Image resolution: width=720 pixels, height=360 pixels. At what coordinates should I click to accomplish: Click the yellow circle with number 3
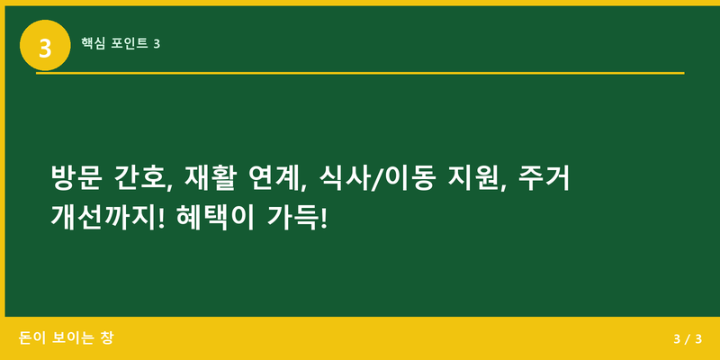click(x=45, y=44)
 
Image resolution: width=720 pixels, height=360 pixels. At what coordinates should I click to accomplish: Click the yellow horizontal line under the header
click(x=360, y=73)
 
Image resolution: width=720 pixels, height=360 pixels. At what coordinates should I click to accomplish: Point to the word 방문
click(x=75, y=177)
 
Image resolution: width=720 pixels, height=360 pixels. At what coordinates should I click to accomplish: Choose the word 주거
click(x=546, y=177)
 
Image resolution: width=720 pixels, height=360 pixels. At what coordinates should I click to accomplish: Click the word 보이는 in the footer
click(x=75, y=338)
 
